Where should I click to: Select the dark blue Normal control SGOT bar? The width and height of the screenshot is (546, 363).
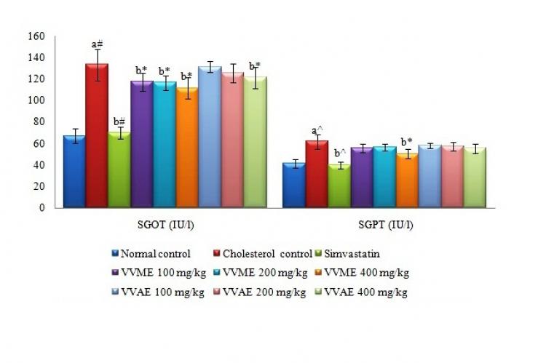click(74, 171)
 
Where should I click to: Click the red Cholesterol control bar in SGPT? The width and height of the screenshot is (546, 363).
click(317, 174)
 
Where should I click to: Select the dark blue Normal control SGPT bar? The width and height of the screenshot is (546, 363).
click(294, 185)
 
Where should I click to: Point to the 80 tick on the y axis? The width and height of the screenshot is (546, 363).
click(37, 121)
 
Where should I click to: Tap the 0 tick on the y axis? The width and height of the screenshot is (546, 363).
click(41, 207)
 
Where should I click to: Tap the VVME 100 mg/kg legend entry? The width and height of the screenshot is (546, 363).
click(154, 274)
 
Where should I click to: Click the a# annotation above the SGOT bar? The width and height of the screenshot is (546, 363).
click(98, 44)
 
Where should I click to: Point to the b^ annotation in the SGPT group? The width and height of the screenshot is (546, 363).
click(339, 153)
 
